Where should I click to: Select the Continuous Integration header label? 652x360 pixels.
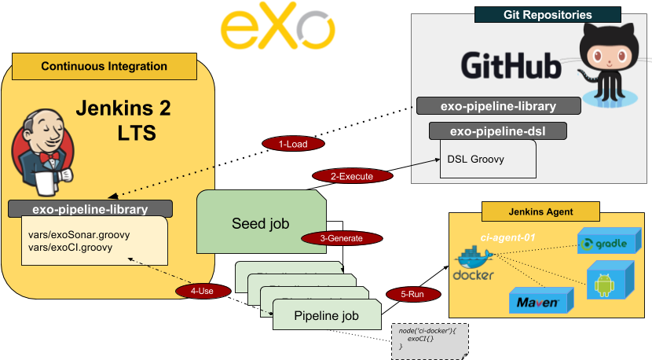pyautogui.click(x=104, y=67)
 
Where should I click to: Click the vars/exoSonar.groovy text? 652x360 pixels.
pyautogui.click(x=79, y=234)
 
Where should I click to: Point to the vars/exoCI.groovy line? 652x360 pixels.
pyautogui.click(x=71, y=247)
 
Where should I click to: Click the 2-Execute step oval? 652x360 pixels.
pyautogui.click(x=353, y=176)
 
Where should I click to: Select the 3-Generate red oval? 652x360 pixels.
pyautogui.click(x=342, y=237)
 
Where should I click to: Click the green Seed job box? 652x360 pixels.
pyautogui.click(x=260, y=223)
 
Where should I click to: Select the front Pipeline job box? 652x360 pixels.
pyautogui.click(x=326, y=316)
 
